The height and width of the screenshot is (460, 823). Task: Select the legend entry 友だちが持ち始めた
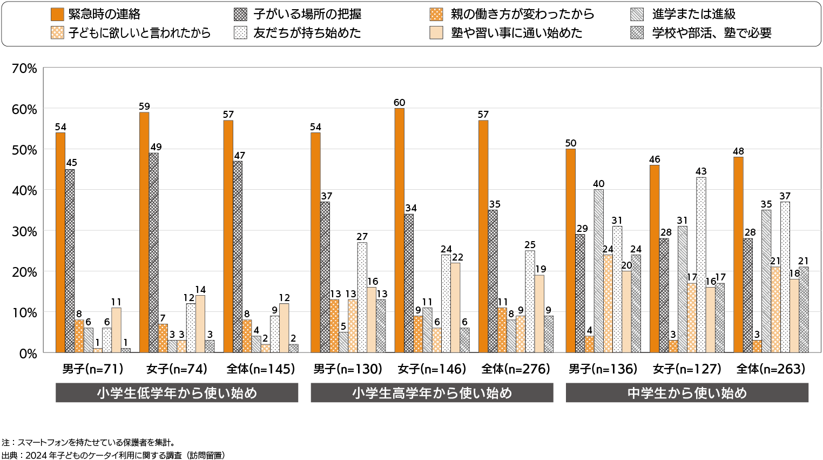pos(298,33)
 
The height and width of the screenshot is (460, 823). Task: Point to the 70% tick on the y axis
pos(24,69)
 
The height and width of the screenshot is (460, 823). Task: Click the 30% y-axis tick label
pos(24,231)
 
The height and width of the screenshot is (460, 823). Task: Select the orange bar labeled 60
pos(399,230)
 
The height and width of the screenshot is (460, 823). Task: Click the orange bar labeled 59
pos(144,232)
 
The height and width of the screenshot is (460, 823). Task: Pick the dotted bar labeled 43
pos(701,265)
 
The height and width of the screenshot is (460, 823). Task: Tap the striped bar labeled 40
pos(598,271)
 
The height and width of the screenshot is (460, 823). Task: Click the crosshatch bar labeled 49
pos(154,252)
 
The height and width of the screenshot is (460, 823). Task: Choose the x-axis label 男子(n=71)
pos(92,369)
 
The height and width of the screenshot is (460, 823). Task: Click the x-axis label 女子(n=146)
pos(431,369)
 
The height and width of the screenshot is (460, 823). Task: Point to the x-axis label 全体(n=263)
pos(771,369)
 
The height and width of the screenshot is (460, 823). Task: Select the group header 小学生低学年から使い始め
pos(177,393)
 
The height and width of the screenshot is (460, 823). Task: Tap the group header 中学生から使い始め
pos(687,393)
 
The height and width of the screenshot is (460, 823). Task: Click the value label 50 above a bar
pos(571,143)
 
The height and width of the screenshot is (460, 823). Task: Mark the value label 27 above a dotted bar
pos(362,237)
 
